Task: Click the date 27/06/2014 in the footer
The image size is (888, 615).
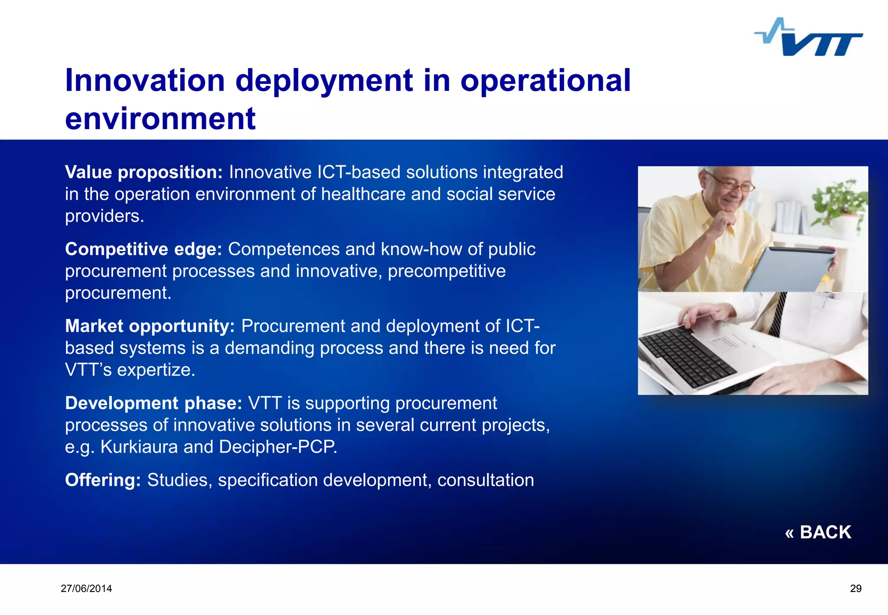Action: pyautogui.click(x=86, y=589)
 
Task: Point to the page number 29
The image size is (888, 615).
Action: pyautogui.click(x=855, y=589)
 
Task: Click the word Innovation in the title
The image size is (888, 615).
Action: pyautogui.click(x=145, y=81)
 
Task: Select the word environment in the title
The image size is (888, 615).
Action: pyautogui.click(x=160, y=119)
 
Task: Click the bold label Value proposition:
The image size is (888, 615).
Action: pyautogui.click(x=144, y=173)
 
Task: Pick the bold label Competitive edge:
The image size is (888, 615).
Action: pyautogui.click(x=143, y=249)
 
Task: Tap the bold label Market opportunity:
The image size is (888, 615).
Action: pyautogui.click(x=150, y=326)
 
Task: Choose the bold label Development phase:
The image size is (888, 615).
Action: pyautogui.click(x=153, y=403)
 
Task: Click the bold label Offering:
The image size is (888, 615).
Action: pyautogui.click(x=103, y=480)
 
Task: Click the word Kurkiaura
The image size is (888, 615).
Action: pyautogui.click(x=139, y=447)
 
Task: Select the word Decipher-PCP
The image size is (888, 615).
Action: pyautogui.click(x=277, y=447)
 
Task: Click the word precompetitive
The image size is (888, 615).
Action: pyautogui.click(x=447, y=272)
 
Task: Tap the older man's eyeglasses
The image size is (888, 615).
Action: pyautogui.click(x=733, y=185)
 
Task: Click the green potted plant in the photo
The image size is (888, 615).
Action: pyautogui.click(x=839, y=200)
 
